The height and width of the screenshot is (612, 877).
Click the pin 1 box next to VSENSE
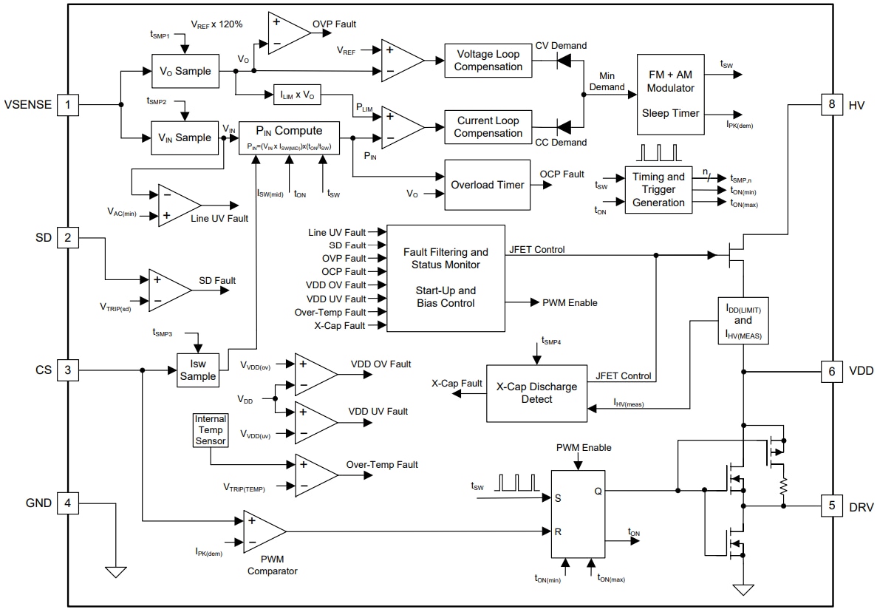coord(68,104)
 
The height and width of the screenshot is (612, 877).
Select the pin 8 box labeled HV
coord(831,104)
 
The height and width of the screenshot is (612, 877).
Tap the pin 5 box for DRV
coord(831,506)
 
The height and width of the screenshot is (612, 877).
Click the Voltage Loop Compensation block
coord(488,61)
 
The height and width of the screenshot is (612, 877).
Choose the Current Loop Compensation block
coord(488,127)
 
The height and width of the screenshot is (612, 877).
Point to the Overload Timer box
coord(488,185)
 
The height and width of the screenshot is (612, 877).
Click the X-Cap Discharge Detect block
coord(536,393)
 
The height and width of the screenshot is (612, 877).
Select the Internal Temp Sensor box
coord(210,430)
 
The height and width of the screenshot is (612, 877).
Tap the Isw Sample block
coord(198,370)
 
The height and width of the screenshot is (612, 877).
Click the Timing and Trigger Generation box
coord(658,190)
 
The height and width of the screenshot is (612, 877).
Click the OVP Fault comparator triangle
coord(287,34)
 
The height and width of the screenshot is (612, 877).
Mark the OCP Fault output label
coord(562,174)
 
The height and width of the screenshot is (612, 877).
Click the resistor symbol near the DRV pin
coord(784,487)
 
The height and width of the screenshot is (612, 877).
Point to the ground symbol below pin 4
coord(116,572)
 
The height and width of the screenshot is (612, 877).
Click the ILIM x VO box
coord(298,95)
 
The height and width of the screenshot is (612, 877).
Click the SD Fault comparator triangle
coord(168,289)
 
